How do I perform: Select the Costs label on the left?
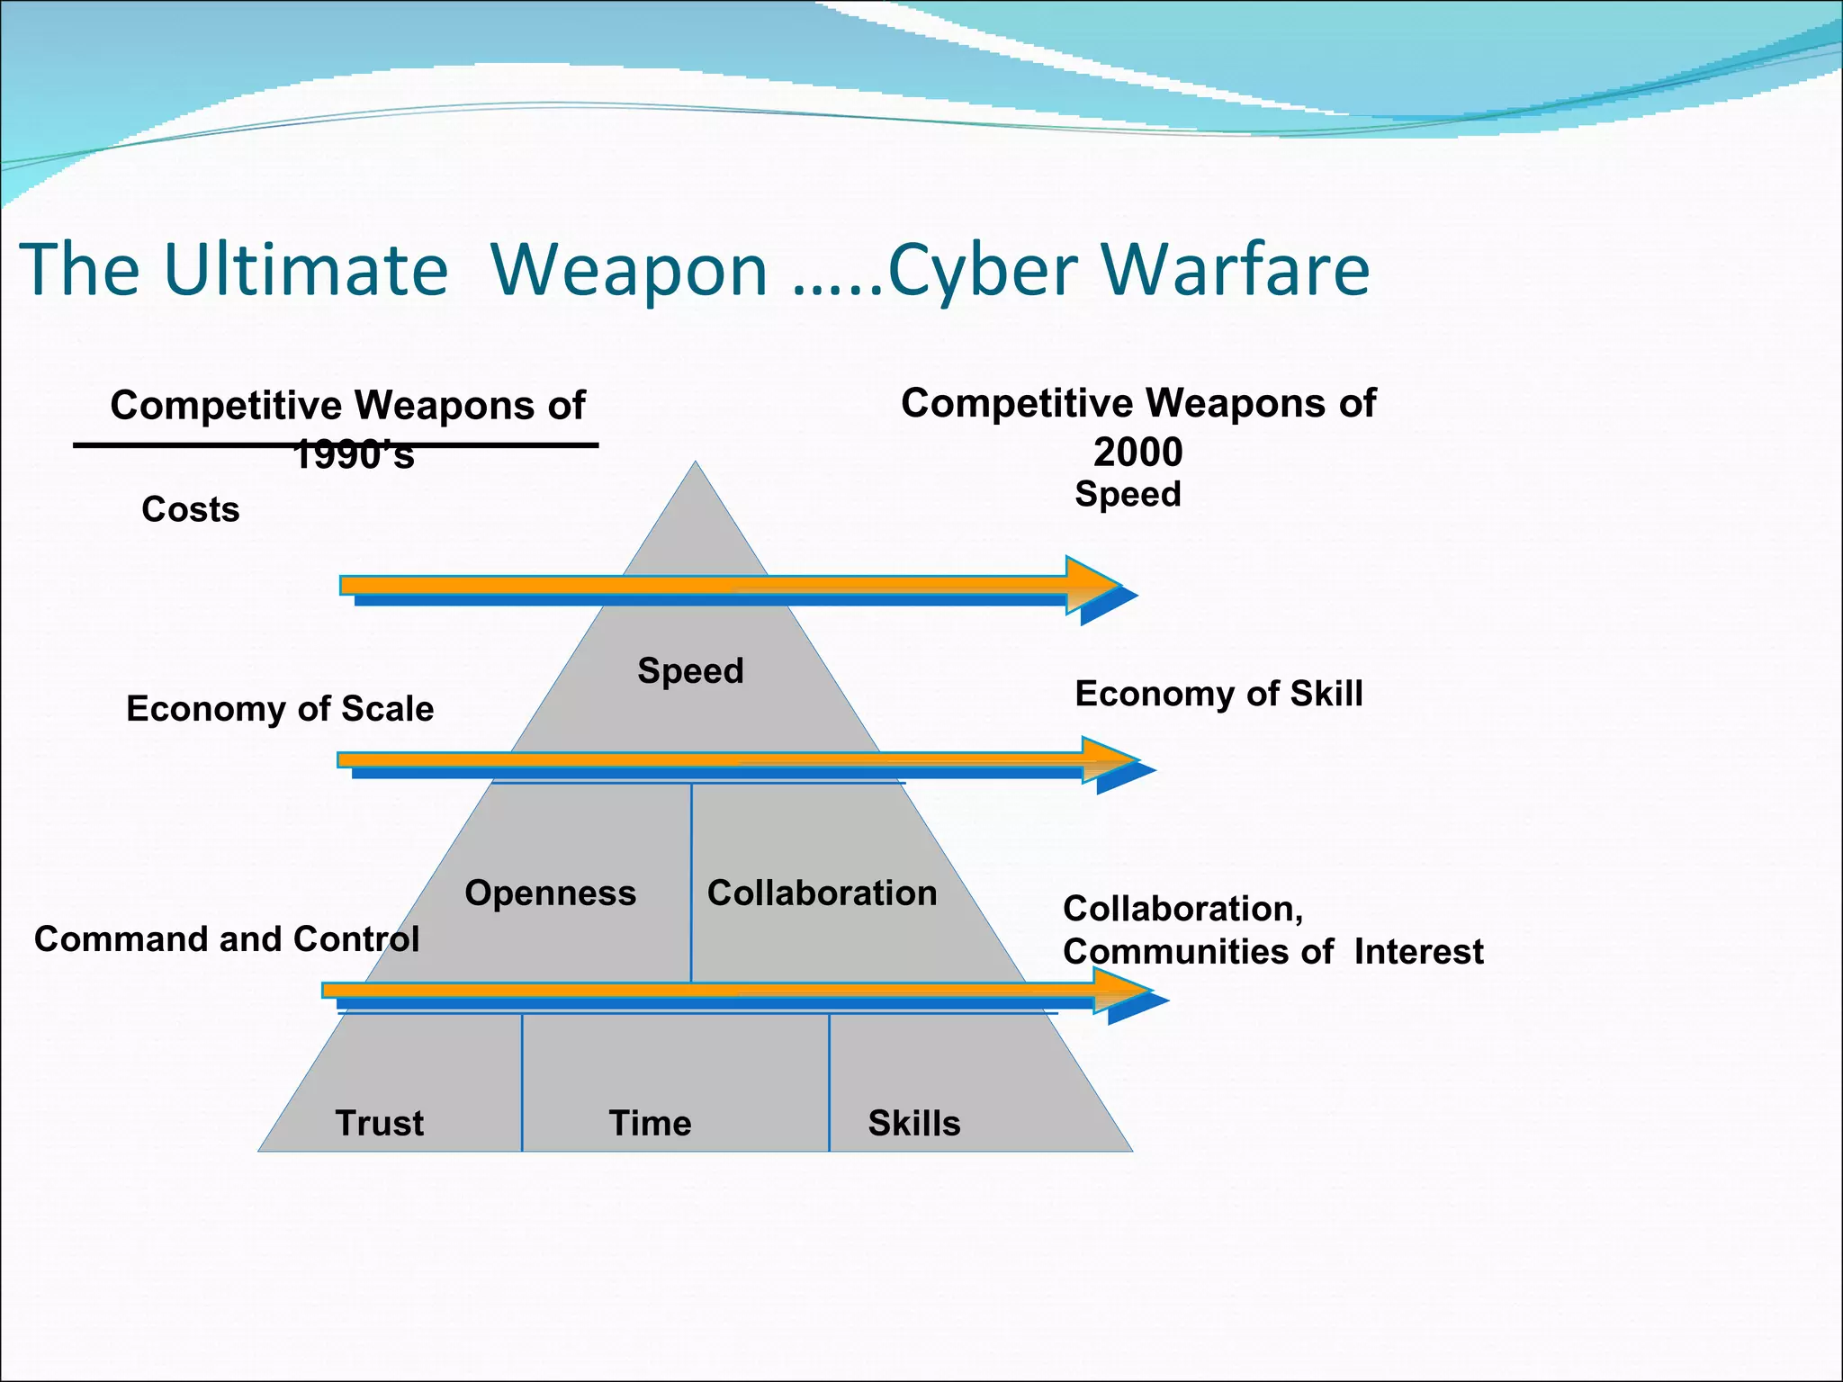click(191, 510)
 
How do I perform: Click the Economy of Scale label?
click(280, 709)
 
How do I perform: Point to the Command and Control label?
click(227, 939)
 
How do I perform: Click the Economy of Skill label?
click(1218, 694)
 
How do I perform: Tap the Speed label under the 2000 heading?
click(1128, 494)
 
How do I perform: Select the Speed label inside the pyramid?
click(690, 671)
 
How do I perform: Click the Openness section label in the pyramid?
click(550, 893)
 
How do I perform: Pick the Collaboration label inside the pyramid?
click(822, 893)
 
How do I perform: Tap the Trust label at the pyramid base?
click(379, 1124)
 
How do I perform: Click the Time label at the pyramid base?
click(650, 1124)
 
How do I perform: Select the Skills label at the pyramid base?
click(913, 1124)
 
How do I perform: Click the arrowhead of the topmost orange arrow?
click(1093, 586)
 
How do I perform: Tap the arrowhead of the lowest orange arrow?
click(1123, 991)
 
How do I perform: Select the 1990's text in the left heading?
click(354, 455)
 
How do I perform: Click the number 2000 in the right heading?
click(1137, 452)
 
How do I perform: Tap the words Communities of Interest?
click(1272, 952)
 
